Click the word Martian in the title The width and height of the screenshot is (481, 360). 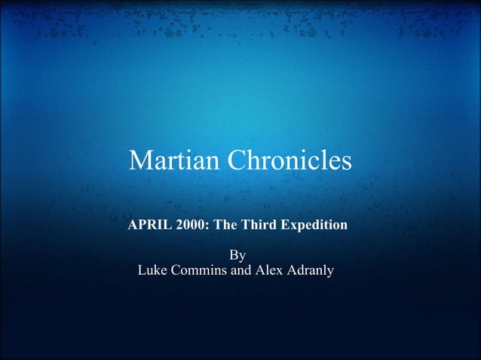click(167, 160)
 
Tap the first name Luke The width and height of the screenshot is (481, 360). click(153, 270)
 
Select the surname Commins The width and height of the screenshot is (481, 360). click(199, 270)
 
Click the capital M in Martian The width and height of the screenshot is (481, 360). click(140, 160)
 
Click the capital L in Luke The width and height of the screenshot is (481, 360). click(142, 270)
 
